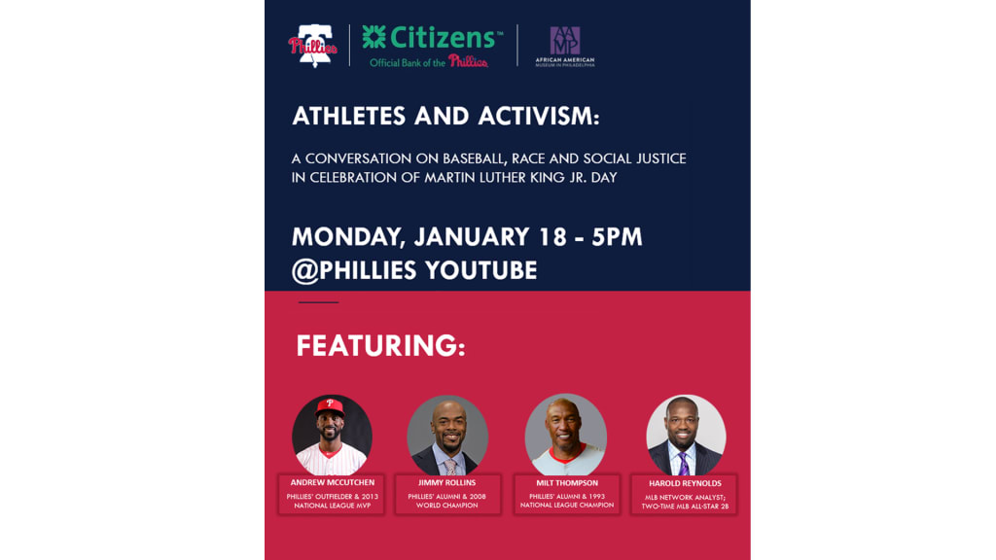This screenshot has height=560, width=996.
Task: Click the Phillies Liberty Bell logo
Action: [x=312, y=46]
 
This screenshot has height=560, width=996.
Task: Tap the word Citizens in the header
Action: [x=443, y=38]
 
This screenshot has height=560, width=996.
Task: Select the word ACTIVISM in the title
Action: [x=539, y=117]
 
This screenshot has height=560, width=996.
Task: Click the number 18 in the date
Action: [x=552, y=237]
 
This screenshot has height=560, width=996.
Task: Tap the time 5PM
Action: [x=617, y=237]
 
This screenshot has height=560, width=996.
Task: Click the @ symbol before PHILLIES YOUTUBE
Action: [x=304, y=271]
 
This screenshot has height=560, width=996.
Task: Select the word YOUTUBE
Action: [x=480, y=270]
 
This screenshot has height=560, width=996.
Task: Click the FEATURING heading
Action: [x=380, y=346]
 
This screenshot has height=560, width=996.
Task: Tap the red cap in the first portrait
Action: [x=330, y=406]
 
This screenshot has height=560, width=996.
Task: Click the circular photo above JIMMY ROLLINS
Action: [x=447, y=436]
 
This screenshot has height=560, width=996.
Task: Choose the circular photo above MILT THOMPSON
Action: [x=566, y=435]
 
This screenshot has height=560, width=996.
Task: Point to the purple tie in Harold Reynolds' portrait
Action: [x=684, y=464]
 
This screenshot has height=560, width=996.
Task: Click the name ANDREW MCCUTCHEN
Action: [x=333, y=482]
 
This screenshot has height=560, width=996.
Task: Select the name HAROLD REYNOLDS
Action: [x=685, y=484]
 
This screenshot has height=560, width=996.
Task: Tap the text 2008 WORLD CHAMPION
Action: [x=447, y=501]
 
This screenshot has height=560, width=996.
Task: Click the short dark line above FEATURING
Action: [x=318, y=302]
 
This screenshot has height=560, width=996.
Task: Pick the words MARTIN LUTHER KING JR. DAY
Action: [x=521, y=178]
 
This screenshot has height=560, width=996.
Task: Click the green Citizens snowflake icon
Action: [x=374, y=37]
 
